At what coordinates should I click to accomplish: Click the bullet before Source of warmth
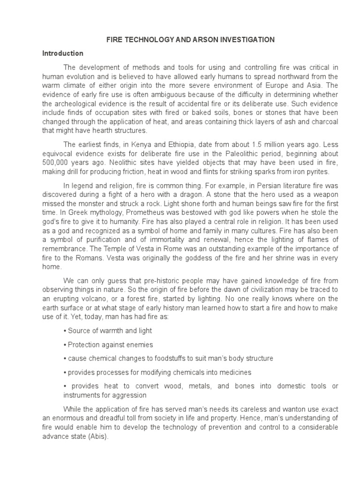point(64,330)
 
